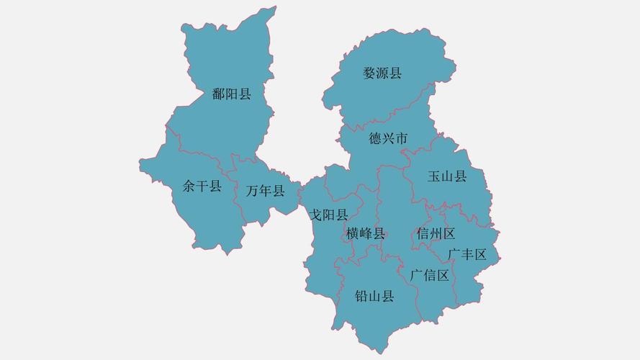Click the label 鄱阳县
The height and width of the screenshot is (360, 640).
(231, 94)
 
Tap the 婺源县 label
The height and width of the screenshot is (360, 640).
(382, 73)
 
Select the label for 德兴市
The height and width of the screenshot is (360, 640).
(388, 138)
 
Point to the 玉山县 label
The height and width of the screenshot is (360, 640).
(446, 176)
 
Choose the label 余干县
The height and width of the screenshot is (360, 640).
(202, 187)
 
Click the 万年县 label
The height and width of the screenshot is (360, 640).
(265, 191)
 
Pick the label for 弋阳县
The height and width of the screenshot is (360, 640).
(328, 215)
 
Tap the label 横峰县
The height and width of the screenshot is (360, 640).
(365, 233)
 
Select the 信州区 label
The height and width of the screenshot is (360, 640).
(436, 233)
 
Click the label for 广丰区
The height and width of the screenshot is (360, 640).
(467, 254)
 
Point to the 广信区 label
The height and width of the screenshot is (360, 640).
(429, 275)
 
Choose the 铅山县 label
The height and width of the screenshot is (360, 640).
(374, 296)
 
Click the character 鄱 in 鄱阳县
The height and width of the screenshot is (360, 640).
(219, 94)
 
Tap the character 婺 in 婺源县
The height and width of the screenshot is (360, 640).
(369, 73)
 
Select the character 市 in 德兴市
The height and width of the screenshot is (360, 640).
(401, 138)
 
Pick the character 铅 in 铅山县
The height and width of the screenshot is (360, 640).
(361, 296)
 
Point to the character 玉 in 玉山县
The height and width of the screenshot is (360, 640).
(434, 176)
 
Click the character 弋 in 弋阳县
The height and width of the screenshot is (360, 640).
(315, 215)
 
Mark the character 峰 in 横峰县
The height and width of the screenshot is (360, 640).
(365, 233)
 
